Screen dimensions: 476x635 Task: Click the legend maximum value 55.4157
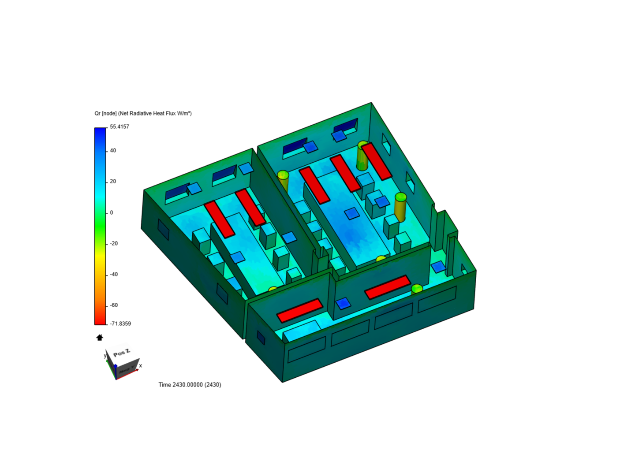[x=120, y=127]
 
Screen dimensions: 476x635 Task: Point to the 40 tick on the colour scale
[x=113, y=151]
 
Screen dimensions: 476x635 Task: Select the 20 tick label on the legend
[x=113, y=182]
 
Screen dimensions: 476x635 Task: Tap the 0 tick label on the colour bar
[x=112, y=213]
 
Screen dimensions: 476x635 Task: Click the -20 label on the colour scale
[x=114, y=244]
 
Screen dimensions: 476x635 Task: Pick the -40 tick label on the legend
[x=114, y=275]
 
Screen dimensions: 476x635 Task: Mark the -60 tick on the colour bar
[x=114, y=305]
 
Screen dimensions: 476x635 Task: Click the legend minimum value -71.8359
[x=120, y=324]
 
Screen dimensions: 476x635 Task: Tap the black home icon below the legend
[x=100, y=338]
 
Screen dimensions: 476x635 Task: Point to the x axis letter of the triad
[x=141, y=366]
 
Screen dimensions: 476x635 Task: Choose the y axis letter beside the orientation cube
[x=105, y=355]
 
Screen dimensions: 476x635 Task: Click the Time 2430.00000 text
[x=190, y=385]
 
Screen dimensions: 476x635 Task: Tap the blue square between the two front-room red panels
[x=343, y=303]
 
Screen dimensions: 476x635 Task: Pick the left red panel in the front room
[x=300, y=310]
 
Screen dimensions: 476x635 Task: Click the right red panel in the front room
[x=388, y=287]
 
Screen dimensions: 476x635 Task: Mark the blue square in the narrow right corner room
[x=438, y=267]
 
